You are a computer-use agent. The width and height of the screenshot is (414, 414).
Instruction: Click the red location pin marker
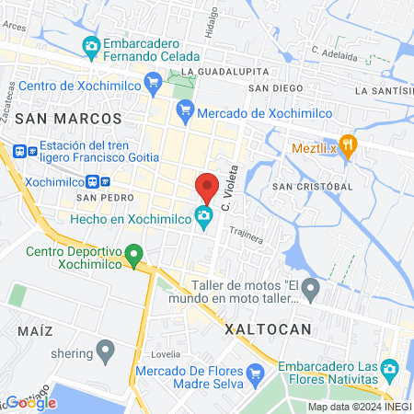click(207, 187)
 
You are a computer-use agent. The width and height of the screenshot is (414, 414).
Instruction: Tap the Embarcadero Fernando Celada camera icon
click(90, 44)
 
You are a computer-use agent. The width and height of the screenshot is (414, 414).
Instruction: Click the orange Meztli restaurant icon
click(348, 146)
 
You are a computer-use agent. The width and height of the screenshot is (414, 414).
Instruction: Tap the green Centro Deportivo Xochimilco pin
click(134, 252)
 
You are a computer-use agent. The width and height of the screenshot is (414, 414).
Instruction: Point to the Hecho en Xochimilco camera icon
click(203, 218)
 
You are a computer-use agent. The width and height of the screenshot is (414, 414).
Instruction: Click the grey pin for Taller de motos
click(311, 292)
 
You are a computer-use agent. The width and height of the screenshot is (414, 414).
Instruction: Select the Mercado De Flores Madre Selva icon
click(257, 373)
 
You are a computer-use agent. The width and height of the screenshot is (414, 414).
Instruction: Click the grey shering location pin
click(105, 350)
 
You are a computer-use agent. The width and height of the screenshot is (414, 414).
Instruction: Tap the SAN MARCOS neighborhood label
click(68, 119)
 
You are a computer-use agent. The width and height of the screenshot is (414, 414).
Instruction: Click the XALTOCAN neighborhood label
click(269, 328)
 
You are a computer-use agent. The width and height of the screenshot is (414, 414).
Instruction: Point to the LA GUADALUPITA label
click(225, 71)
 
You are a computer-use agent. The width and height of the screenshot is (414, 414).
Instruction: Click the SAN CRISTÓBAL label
click(313, 186)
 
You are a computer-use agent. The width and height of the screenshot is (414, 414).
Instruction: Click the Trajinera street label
click(247, 236)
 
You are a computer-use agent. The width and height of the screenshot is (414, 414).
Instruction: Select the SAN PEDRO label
click(99, 198)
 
